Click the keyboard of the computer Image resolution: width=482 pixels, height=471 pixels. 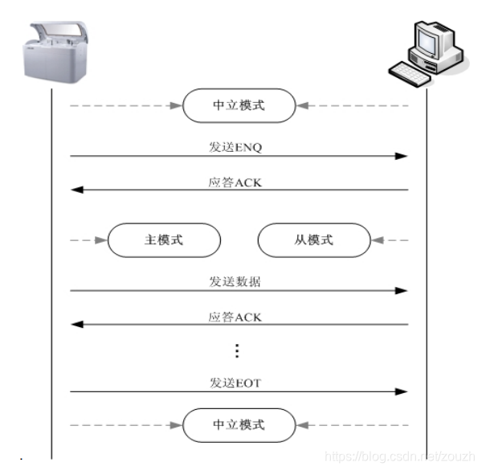pyautogui.click(x=417, y=74)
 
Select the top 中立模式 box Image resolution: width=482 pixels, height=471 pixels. pyautogui.click(x=239, y=105)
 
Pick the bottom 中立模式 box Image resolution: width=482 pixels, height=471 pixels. pyautogui.click(x=239, y=424)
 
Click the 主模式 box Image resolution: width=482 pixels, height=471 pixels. pyautogui.click(x=164, y=240)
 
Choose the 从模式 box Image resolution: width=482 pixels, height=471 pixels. pyautogui.click(x=313, y=240)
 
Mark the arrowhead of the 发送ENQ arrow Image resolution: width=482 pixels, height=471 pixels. pyautogui.click(x=402, y=156)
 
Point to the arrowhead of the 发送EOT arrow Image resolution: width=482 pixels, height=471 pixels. pyautogui.click(x=402, y=392)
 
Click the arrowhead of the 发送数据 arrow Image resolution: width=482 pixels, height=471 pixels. pyautogui.click(x=402, y=290)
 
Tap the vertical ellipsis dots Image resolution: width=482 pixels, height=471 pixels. pyautogui.click(x=237, y=351)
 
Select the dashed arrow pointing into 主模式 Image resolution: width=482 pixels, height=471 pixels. pyautogui.click(x=89, y=240)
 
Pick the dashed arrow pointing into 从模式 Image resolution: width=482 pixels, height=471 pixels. pyautogui.click(x=390, y=240)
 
